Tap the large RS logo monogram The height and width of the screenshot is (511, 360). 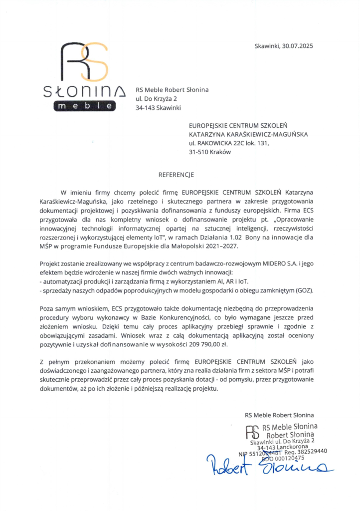point(85,62)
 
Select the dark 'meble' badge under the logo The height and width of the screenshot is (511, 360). point(85,106)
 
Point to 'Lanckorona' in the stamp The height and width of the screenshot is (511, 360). point(297,446)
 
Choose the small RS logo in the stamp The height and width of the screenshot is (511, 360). point(254,430)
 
